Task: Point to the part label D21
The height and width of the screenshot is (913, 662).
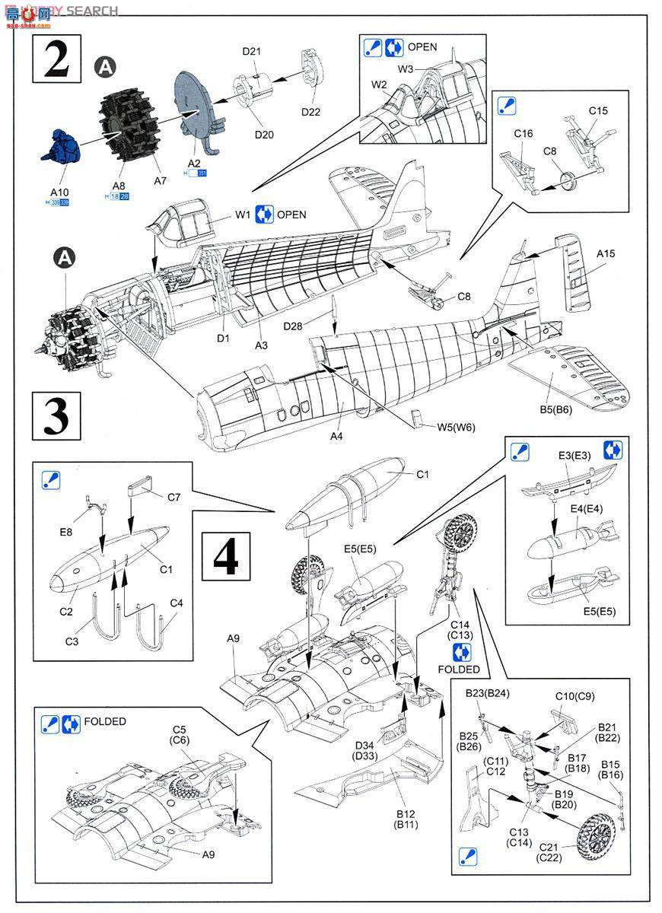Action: (x=252, y=52)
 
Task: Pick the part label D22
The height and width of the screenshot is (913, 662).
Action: (x=310, y=111)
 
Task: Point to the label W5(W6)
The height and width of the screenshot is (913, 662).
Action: (x=456, y=427)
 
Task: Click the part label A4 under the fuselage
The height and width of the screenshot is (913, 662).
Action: (x=337, y=436)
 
